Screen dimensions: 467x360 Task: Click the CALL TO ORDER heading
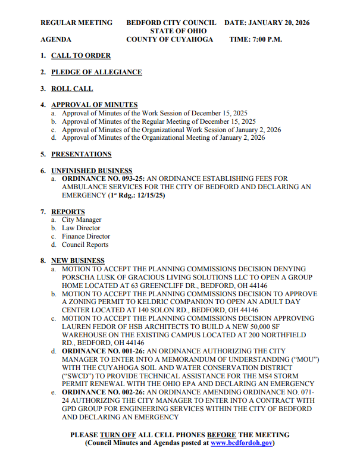point(80,55)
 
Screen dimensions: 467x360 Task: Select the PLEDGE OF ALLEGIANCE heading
point(96,72)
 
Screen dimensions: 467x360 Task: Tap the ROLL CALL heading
point(72,89)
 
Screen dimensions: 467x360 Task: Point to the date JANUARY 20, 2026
point(280,23)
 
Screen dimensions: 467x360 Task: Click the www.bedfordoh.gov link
point(241,443)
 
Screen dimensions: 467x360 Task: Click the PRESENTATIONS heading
point(81,154)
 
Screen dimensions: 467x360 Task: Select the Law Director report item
point(81,228)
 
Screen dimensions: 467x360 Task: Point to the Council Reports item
point(85,245)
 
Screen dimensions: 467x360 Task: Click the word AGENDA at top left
point(55,39)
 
